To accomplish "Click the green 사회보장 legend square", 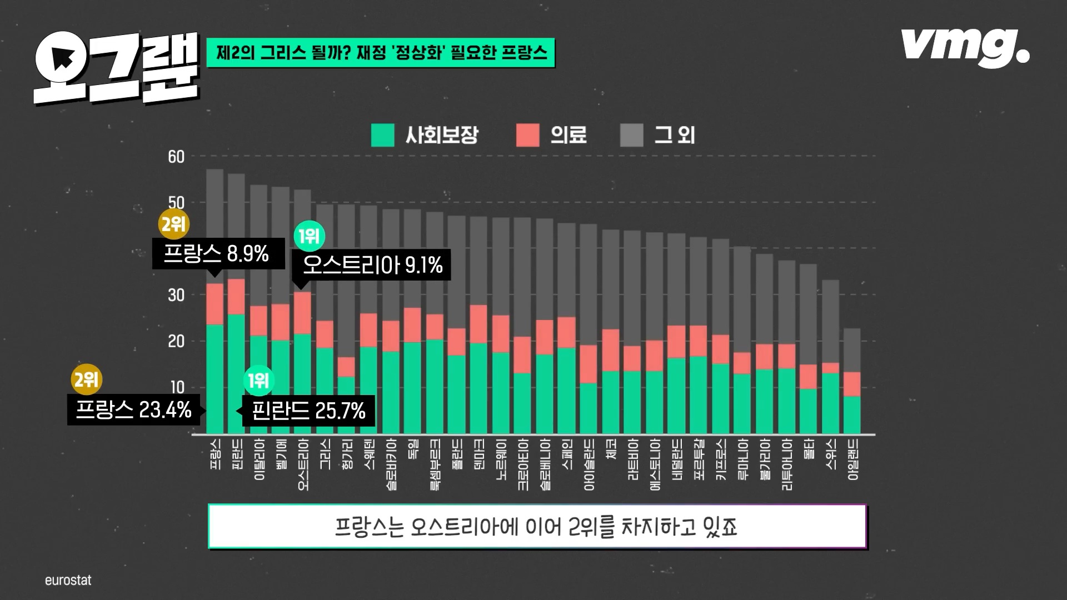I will (382, 135).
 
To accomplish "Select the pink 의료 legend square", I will (527, 135).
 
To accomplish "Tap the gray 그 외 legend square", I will (631, 135).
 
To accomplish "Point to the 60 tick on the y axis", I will (176, 157).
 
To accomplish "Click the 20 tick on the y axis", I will (176, 342).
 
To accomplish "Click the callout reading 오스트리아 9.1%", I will (372, 266).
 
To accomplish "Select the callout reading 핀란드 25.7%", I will (308, 411).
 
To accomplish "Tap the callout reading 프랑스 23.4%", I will (133, 411).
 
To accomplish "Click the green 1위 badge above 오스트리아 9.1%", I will (310, 236).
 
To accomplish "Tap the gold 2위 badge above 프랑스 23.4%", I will (87, 380).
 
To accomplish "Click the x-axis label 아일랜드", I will (853, 459).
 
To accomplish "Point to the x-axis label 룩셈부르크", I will (435, 464).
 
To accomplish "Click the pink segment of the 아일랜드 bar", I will (852, 384).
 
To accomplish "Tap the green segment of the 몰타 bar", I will (808, 411).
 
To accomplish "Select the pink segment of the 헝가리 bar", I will (346, 367).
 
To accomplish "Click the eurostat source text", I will (68, 581).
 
